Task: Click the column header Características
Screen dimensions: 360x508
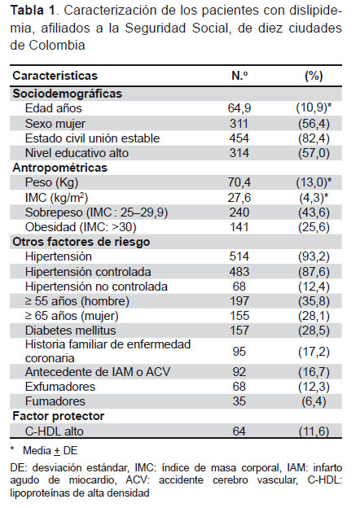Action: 55,76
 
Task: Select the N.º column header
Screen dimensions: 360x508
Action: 239,76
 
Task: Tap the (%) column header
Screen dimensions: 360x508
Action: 314,76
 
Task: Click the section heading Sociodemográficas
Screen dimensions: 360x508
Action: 68,94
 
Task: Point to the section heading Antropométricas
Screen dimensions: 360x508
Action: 60,168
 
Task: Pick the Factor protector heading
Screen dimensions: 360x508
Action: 59,416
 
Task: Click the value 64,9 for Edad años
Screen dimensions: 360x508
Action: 239,108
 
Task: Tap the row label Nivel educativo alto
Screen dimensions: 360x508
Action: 77,153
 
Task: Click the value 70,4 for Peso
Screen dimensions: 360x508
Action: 239,182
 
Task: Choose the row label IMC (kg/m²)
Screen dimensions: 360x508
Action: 57,197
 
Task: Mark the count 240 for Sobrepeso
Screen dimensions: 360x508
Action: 239,212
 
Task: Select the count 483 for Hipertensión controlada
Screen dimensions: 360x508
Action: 239,272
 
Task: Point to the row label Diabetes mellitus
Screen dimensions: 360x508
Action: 71,331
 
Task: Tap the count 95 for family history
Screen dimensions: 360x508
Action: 239,352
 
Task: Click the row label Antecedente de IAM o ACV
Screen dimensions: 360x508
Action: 98,372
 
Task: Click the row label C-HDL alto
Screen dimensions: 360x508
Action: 55,431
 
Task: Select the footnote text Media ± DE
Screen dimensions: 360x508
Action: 50,451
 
